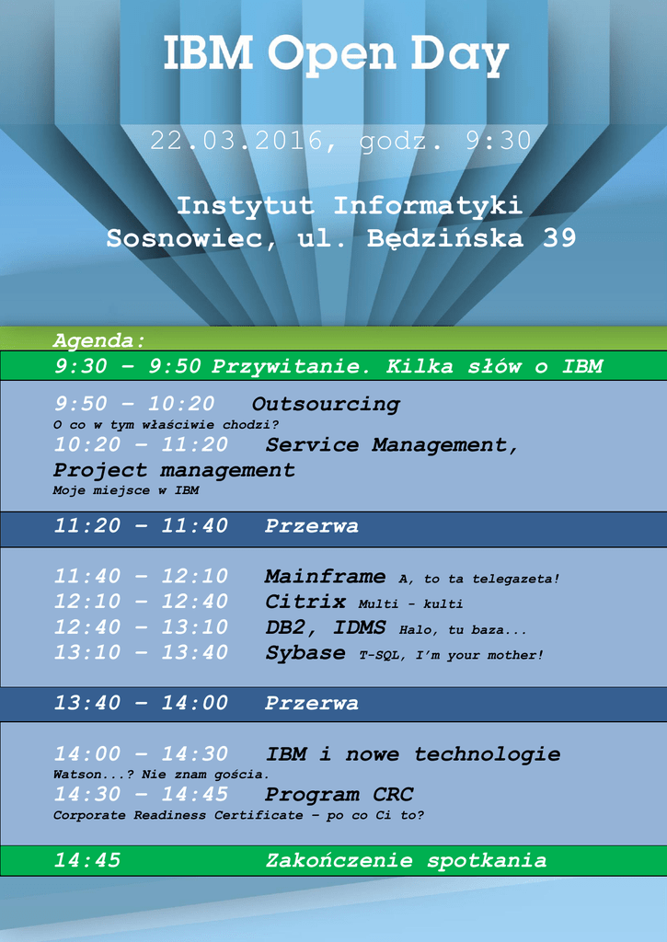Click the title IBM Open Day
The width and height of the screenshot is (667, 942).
(x=336, y=54)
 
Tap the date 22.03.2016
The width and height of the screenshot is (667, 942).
(x=236, y=141)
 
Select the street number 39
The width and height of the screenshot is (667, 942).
(x=558, y=238)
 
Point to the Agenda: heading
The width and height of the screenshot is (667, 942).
(x=99, y=341)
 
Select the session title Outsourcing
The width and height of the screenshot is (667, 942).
(x=326, y=405)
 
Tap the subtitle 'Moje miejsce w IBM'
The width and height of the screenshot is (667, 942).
(x=126, y=490)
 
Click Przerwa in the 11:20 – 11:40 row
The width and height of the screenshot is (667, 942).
(x=312, y=526)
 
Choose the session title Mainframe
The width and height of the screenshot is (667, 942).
(x=325, y=577)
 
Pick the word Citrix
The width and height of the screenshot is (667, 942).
(x=305, y=602)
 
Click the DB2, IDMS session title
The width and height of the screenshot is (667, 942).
(x=325, y=627)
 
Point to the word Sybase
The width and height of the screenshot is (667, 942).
(x=305, y=653)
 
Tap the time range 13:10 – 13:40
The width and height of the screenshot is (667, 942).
(x=141, y=653)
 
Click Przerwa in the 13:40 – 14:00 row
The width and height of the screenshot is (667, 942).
(x=312, y=704)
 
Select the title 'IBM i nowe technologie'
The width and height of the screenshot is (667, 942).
(x=413, y=754)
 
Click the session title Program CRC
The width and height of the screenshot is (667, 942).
(x=339, y=795)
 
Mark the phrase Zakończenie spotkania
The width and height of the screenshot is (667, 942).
(x=407, y=861)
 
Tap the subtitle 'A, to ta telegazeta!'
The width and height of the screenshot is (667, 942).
(x=479, y=580)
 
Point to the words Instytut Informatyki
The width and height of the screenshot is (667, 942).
(x=349, y=206)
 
